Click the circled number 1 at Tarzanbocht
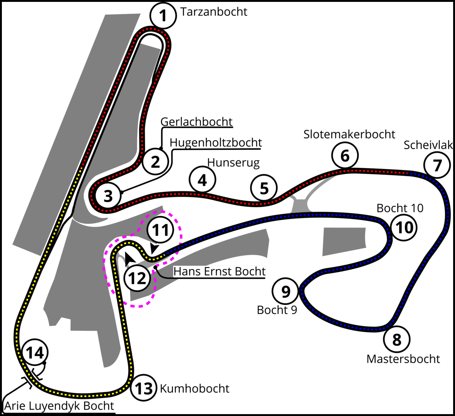coord(163,16)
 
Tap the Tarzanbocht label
coord(214,12)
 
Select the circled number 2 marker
coord(155,162)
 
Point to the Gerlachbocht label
coord(196,122)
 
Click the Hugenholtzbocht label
coord(215,143)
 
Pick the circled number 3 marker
coord(108,196)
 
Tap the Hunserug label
coord(233,162)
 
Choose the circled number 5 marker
coord(264,188)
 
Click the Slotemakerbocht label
coord(349,134)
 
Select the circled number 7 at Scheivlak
coord(437,165)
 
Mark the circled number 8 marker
coord(397,340)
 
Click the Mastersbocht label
coord(403,359)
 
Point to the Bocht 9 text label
coord(277,310)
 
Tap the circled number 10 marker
coord(404,227)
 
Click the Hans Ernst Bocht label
coord(219,271)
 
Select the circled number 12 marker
coord(137,278)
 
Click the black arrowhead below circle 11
coord(154,248)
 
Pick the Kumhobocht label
coord(194,388)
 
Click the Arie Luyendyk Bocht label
coord(59,406)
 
